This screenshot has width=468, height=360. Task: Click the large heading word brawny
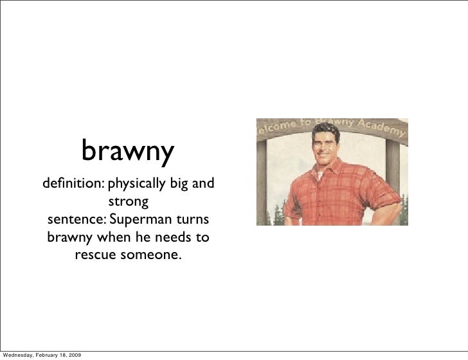tap(127, 152)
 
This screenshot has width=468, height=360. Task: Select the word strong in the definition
tap(127, 203)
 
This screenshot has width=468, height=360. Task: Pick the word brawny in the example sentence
tap(69, 238)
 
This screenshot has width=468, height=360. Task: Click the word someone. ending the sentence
tap(151, 255)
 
